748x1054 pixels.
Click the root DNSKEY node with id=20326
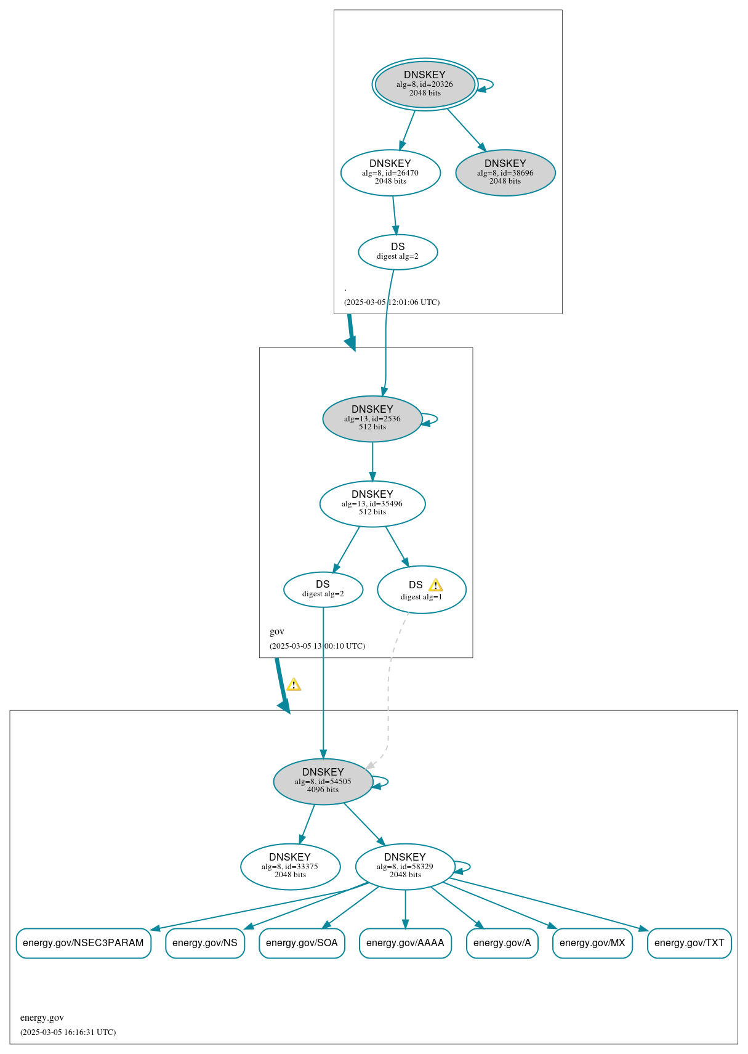point(425,84)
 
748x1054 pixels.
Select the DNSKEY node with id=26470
point(390,172)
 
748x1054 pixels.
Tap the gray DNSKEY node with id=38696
point(505,172)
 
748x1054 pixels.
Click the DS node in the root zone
point(398,251)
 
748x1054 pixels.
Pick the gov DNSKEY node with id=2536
point(372,418)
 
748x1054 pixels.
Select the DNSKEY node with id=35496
point(372,503)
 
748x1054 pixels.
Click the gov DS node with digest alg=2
point(323,589)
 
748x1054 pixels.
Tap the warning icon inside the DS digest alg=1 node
point(435,585)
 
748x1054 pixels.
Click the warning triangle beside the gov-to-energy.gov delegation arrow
point(294,684)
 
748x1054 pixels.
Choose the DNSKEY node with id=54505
point(323,781)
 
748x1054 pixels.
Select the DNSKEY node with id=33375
point(290,866)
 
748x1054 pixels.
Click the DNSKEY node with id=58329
point(404,866)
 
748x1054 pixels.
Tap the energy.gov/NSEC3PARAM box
point(83,943)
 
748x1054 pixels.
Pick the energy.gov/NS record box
point(205,943)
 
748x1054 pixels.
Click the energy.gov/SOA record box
point(302,943)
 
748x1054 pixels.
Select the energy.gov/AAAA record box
point(405,943)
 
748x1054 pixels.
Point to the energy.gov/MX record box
point(592,943)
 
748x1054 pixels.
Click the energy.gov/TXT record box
point(689,943)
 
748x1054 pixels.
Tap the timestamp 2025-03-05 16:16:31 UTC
point(68,1032)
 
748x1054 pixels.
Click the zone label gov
point(277,631)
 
